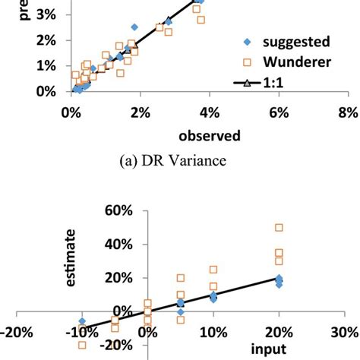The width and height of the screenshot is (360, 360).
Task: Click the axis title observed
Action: tap(210, 135)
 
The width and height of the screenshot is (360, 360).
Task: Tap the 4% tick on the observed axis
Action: tap(209, 111)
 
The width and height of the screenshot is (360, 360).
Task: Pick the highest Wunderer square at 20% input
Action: tap(279, 227)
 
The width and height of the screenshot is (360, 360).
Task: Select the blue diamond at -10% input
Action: tap(82, 322)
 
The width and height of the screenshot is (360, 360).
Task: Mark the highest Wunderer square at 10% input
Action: tap(213, 270)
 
